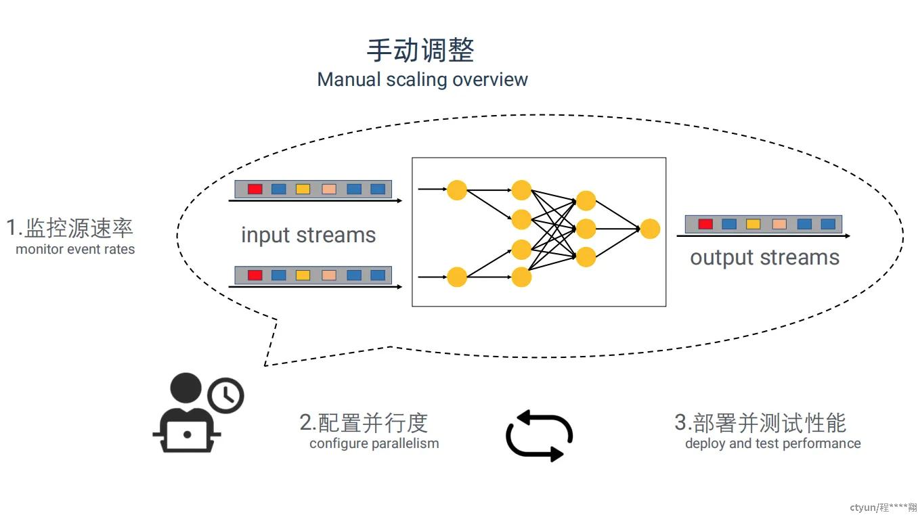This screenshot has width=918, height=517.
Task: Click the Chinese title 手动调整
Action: point(420,50)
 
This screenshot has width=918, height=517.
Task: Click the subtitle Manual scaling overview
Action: point(422,79)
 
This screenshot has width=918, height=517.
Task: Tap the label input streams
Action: point(308,235)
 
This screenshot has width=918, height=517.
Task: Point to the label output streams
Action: point(765,258)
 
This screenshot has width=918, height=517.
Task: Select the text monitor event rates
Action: point(75,249)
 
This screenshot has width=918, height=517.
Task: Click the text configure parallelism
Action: point(374,444)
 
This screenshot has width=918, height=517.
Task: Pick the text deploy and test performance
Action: point(773,444)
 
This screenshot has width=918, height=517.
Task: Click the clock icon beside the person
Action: point(226,395)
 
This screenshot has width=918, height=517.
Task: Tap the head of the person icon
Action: point(185,388)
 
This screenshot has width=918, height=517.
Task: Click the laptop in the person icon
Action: point(188,436)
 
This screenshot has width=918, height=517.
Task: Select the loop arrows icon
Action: point(540,436)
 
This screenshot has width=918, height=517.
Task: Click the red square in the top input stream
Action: point(255,189)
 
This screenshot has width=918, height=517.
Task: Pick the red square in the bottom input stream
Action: point(255,275)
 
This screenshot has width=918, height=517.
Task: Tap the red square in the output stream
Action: point(705,224)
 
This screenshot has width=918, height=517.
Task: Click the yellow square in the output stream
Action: point(753,224)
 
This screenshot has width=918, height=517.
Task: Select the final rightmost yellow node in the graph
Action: point(650,229)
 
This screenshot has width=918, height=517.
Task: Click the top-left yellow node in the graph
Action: point(457,190)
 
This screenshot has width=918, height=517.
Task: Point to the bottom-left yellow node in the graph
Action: point(457,277)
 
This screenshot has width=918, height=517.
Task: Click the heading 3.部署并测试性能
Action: point(760,422)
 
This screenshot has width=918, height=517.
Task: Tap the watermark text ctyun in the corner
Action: point(862,508)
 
